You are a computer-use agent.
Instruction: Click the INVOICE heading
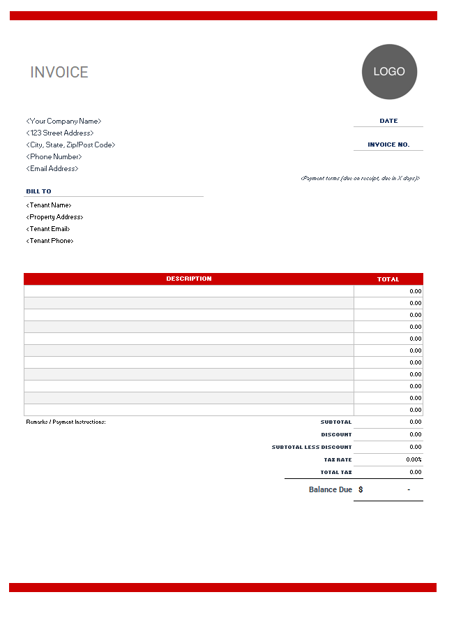tap(59, 73)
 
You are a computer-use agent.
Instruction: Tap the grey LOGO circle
tap(389, 72)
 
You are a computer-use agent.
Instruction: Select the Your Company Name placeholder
tap(63, 121)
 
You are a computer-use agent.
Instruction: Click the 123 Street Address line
tap(60, 133)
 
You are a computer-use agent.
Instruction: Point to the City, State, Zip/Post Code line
tap(70, 145)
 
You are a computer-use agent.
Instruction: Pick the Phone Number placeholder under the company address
tap(54, 157)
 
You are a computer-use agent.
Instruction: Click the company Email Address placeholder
tap(52, 169)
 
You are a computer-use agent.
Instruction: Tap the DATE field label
tap(388, 121)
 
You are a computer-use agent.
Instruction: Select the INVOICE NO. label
tap(388, 145)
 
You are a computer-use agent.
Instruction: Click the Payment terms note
tap(360, 178)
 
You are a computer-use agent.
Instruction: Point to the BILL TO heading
tap(39, 191)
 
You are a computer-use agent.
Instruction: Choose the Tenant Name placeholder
tap(49, 205)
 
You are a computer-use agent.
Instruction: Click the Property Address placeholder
tap(54, 217)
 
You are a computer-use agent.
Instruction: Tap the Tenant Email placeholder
tap(48, 229)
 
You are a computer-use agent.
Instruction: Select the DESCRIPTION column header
tap(189, 279)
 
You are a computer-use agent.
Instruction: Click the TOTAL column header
tap(388, 279)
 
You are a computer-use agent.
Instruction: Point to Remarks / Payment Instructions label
tap(66, 422)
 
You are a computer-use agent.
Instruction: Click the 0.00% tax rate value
tap(414, 459)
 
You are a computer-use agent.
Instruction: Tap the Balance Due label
tap(331, 489)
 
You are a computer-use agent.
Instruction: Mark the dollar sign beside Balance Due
tap(361, 489)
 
